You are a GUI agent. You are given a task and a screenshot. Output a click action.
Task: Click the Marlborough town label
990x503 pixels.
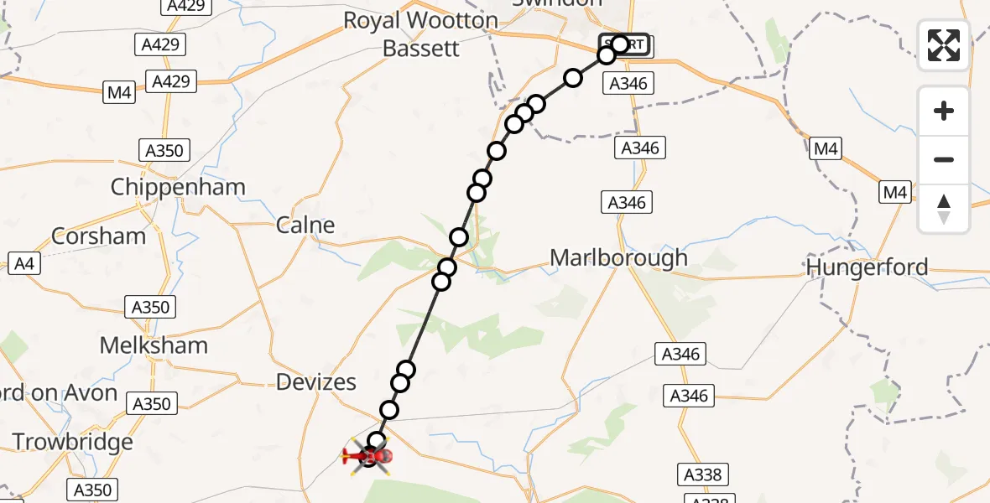pos(618,258)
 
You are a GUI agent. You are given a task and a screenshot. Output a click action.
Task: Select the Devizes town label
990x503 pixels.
pos(316,382)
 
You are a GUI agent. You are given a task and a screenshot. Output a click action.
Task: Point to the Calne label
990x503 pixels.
pos(305,225)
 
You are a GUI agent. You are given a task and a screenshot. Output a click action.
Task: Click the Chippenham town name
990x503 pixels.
pos(178,187)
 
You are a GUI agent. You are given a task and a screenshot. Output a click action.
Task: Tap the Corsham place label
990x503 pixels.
pos(98,236)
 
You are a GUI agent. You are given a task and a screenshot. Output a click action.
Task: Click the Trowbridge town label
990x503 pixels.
pos(73,442)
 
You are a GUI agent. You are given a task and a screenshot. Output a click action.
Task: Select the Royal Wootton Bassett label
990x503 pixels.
pos(421,34)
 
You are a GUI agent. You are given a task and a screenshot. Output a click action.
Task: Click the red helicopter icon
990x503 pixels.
pos(369,456)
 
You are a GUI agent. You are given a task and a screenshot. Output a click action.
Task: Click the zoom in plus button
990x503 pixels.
pos(944,111)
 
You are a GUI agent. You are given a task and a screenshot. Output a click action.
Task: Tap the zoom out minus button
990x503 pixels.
pos(944,159)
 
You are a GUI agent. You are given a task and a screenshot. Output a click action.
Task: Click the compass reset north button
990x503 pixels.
pos(944,209)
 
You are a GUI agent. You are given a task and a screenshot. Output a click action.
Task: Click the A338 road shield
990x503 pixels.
pos(702,475)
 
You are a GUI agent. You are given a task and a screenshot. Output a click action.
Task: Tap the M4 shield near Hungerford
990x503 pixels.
pos(895,193)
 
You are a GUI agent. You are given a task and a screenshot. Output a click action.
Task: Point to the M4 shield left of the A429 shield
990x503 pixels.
pos(120,92)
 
